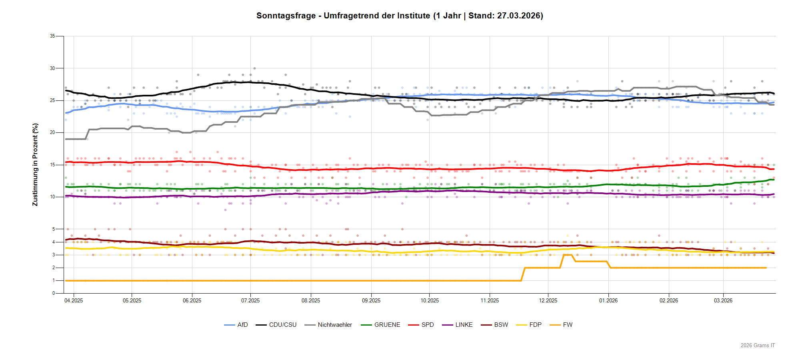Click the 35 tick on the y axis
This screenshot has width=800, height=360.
tap(52, 36)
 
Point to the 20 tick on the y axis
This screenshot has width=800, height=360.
tap(52, 132)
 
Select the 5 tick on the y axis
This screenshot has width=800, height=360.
tap(54, 229)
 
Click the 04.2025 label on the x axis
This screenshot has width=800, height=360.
tap(74, 300)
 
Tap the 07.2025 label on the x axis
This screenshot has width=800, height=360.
tap(250, 300)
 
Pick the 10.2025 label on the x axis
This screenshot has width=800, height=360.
tap(430, 300)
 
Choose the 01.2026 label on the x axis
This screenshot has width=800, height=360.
tap(608, 300)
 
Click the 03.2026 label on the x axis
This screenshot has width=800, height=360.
tap(723, 300)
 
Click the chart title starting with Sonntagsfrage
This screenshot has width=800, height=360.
tap(400, 16)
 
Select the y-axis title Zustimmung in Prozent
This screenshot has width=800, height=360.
tap(35, 165)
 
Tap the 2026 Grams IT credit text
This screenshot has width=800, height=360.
tap(758, 345)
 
